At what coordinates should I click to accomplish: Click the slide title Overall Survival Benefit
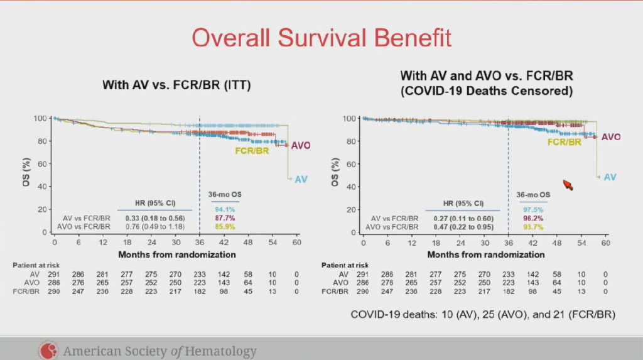[x=321, y=37]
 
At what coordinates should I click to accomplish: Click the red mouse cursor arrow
[x=568, y=184]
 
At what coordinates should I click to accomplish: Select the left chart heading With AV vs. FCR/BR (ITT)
[x=176, y=85]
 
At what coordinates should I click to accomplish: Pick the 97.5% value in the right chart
[x=532, y=210]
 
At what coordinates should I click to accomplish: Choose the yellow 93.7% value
[x=532, y=227]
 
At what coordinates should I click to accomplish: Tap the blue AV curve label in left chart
[x=301, y=180]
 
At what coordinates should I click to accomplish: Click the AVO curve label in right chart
[x=610, y=137]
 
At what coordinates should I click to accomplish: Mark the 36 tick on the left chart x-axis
[x=200, y=243]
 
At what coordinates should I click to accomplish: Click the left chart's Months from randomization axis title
[x=176, y=254]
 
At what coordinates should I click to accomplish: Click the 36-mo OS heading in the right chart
[x=533, y=195]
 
